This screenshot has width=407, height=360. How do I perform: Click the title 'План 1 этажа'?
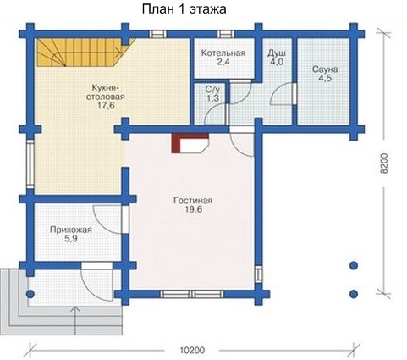pos(184,9)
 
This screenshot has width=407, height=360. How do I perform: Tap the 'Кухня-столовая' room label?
pos(105,92)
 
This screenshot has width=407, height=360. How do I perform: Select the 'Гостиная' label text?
pos(193,201)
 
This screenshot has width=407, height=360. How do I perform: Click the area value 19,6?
pos(194,210)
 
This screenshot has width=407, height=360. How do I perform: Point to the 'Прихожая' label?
pos(71,230)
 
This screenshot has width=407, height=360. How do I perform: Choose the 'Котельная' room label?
pos(223,53)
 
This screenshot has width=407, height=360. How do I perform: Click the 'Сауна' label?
pos(325,69)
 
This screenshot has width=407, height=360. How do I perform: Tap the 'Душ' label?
pos(277,53)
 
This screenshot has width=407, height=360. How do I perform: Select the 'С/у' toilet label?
pos(212,90)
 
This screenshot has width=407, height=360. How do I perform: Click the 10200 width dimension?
pos(192,351)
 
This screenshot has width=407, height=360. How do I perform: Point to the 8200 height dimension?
pos(384,163)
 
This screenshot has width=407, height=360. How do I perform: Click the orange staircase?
pos(82,53)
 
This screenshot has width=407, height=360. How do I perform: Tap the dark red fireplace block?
pos(176,143)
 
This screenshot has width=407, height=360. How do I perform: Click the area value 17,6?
pos(106,106)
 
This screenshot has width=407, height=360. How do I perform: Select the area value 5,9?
pos(71,239)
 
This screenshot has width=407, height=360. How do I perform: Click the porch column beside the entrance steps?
pos(30,294)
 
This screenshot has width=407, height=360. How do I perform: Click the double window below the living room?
pos(192,294)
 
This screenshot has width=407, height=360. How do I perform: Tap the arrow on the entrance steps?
pos(75,320)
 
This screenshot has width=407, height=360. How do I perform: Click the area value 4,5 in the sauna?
pos(325,78)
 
